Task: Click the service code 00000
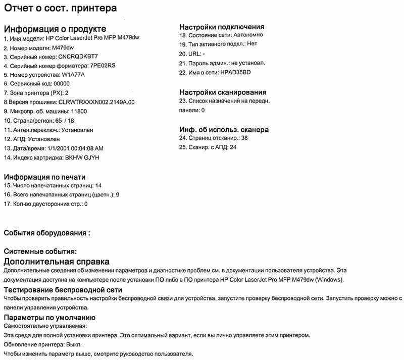pyautogui.click(x=60, y=83)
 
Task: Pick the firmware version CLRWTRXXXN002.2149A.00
pyautogui.click(x=96, y=102)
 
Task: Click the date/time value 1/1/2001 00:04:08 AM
pyautogui.click(x=74, y=148)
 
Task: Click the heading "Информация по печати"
pyautogui.click(x=44, y=177)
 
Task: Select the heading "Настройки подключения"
pyautogui.click(x=222, y=27)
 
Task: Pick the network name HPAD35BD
pyautogui.click(x=235, y=72)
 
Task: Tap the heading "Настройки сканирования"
pyautogui.click(x=223, y=92)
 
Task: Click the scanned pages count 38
pyautogui.click(x=244, y=137)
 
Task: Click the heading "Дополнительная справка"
pyautogui.click(x=56, y=262)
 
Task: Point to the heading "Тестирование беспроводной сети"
pyautogui.click(x=63, y=290)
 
